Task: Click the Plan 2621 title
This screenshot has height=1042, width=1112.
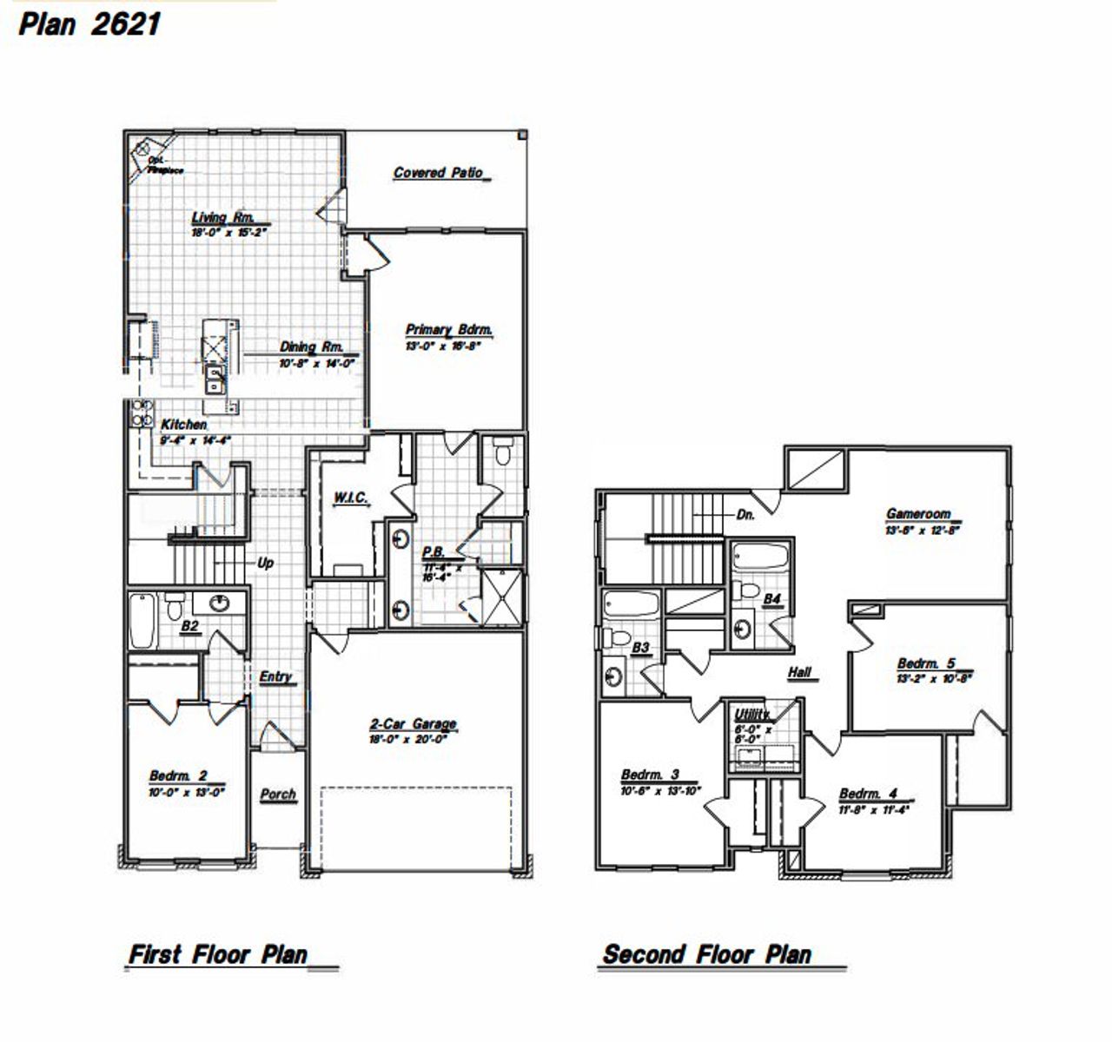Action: click(x=89, y=23)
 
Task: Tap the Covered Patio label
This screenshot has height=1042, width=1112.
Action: click(x=438, y=173)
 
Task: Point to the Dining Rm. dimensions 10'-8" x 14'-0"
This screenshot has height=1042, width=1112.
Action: click(x=317, y=364)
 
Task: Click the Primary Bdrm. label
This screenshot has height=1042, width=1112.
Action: click(x=449, y=330)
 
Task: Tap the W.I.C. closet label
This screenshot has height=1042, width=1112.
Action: click(x=351, y=498)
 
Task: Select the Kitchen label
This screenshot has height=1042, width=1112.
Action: click(x=184, y=425)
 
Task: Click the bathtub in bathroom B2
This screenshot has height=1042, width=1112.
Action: click(x=142, y=620)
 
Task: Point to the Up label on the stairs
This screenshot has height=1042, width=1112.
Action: click(x=265, y=563)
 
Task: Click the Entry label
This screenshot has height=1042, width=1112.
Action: click(x=275, y=676)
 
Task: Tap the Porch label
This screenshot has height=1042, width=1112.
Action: click(x=278, y=794)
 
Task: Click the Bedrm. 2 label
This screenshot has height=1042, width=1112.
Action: click(x=178, y=775)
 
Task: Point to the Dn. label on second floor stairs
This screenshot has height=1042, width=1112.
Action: click(x=745, y=514)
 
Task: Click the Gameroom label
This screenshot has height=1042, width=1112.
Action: click(x=918, y=513)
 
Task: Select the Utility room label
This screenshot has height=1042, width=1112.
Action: click(x=751, y=714)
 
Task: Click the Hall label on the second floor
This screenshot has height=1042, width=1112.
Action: click(x=799, y=672)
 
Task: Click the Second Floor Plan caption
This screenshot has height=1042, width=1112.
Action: click(x=707, y=955)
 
